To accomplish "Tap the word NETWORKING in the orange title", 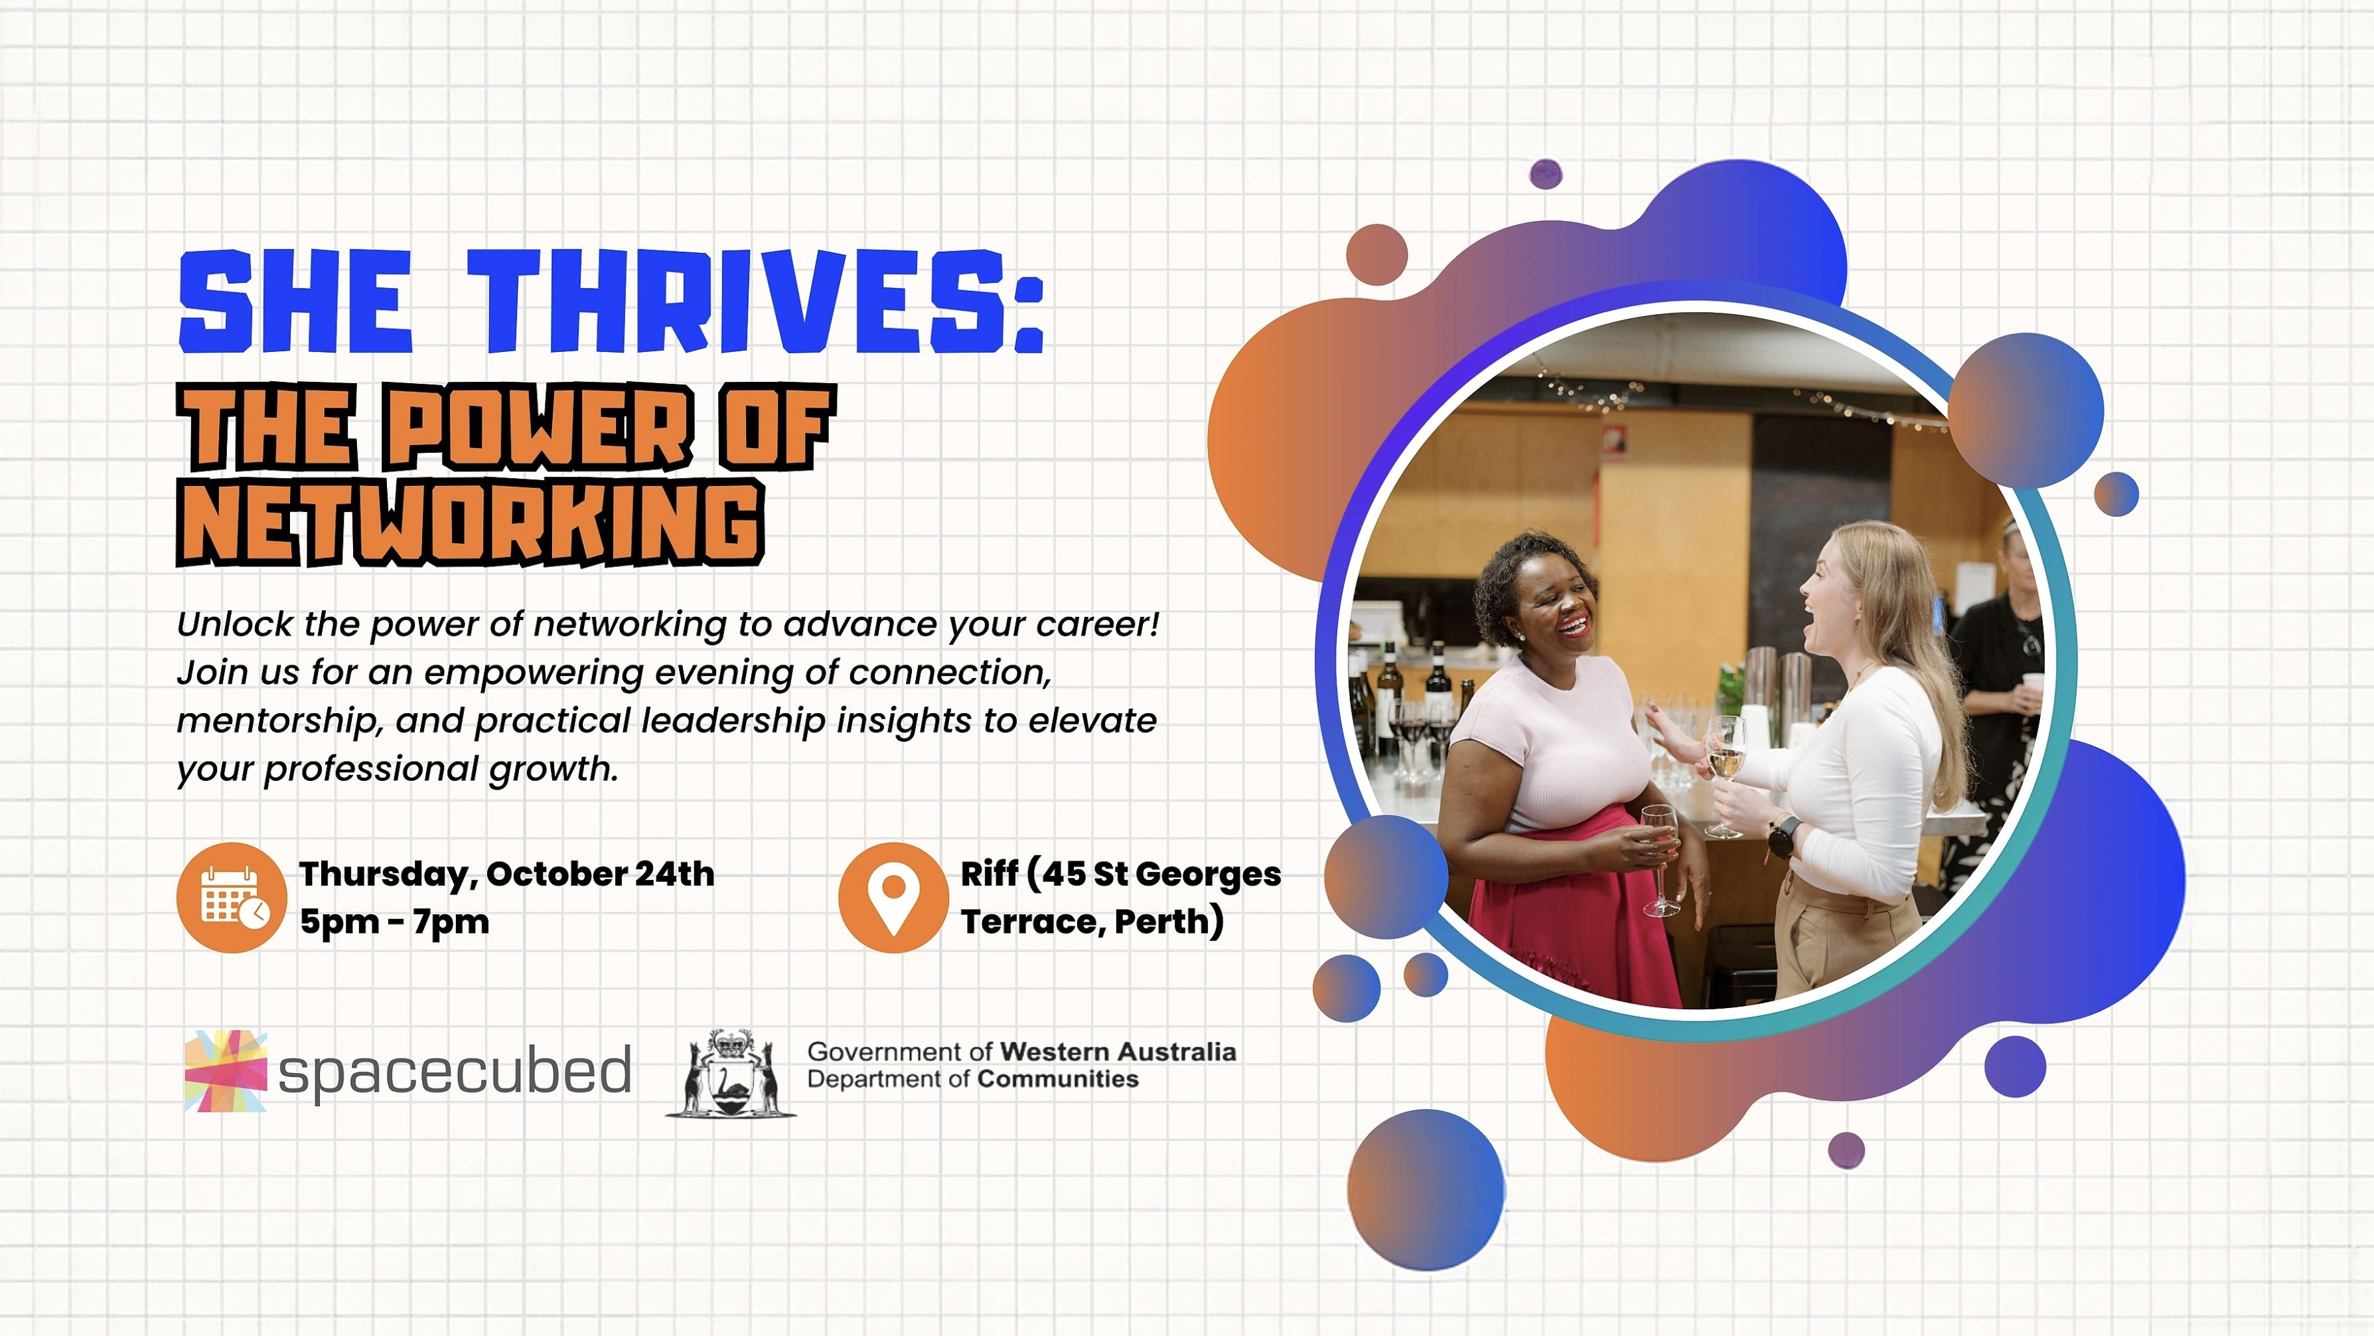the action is click(470, 522).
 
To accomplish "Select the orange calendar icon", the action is click(232, 897).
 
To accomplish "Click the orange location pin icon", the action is click(893, 897).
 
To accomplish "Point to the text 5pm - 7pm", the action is click(394, 921).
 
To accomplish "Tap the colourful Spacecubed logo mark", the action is click(226, 1070).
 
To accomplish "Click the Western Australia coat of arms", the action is click(731, 1073).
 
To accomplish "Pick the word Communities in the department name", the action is click(1058, 1079).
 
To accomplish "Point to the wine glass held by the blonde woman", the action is click(1724, 774).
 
